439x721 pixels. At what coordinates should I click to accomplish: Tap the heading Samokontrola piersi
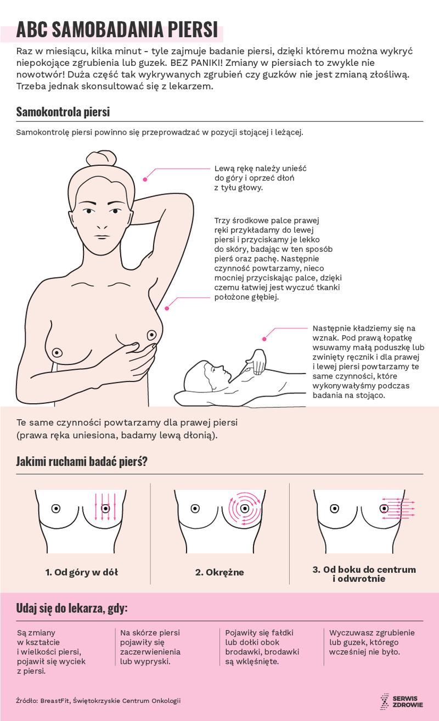pos(63,112)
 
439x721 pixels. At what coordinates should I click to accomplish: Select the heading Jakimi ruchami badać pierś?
pos(82,461)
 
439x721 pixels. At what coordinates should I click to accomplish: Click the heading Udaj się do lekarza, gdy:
pos(72,609)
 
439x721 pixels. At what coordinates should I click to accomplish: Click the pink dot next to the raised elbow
pos(145,179)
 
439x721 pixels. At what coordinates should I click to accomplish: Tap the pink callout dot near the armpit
pos(167,308)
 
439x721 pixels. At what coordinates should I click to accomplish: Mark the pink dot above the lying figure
pos(264,339)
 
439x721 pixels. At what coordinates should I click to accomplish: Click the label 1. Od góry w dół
pos(81,572)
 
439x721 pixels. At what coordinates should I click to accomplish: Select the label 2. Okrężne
pos(219,572)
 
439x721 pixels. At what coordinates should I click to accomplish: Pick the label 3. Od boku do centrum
pos(364,570)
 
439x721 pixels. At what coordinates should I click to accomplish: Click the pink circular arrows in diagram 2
pos(245,508)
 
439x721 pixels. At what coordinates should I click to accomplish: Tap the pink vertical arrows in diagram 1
pos(105,506)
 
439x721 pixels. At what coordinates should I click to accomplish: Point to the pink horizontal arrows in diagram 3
pos(398,509)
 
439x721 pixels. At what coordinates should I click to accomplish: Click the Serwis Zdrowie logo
pos(402,702)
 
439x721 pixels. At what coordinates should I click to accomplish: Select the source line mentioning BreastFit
pos(98,701)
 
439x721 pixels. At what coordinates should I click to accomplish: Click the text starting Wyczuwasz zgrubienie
pos(372,642)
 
